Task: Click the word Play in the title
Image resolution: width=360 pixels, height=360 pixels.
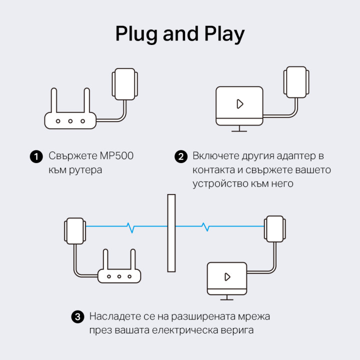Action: [x=221, y=34]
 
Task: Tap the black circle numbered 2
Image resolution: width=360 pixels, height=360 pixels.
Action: [x=180, y=156]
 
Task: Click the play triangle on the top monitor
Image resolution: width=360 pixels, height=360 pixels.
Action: [x=239, y=104]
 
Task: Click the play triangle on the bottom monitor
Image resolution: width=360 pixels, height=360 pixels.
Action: [x=227, y=276]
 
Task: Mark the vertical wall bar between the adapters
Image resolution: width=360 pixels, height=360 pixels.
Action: [x=171, y=233]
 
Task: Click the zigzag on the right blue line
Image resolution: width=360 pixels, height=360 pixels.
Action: [x=204, y=226]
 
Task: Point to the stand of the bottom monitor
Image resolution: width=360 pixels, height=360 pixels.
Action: [x=227, y=297]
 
